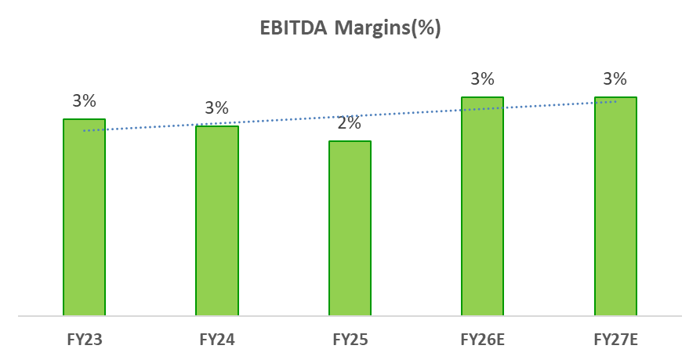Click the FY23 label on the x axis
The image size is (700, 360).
point(84,340)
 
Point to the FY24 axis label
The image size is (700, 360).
point(217,340)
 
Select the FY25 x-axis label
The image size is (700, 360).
point(350,340)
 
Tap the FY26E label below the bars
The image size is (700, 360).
point(482,340)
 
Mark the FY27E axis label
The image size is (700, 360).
point(615,340)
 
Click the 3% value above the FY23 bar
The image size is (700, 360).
point(84,101)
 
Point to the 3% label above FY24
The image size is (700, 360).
point(217,108)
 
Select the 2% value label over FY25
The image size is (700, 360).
point(350,123)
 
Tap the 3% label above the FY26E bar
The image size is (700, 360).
point(482,79)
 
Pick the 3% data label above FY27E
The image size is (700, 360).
point(615,79)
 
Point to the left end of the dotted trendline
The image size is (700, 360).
point(85,130)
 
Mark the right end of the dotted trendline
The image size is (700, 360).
point(615,101)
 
